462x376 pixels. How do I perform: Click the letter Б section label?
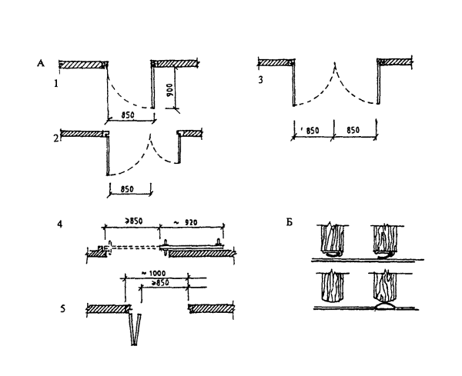tap(287, 224)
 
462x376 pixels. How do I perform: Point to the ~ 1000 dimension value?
tap(156, 275)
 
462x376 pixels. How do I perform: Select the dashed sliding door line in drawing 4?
tap(139, 248)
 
